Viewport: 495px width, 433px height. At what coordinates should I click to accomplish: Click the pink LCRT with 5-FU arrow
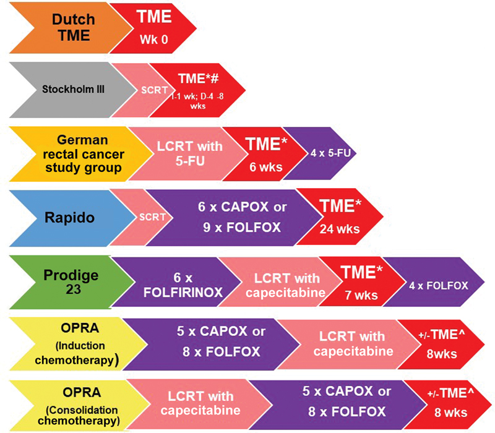coord(186,152)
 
